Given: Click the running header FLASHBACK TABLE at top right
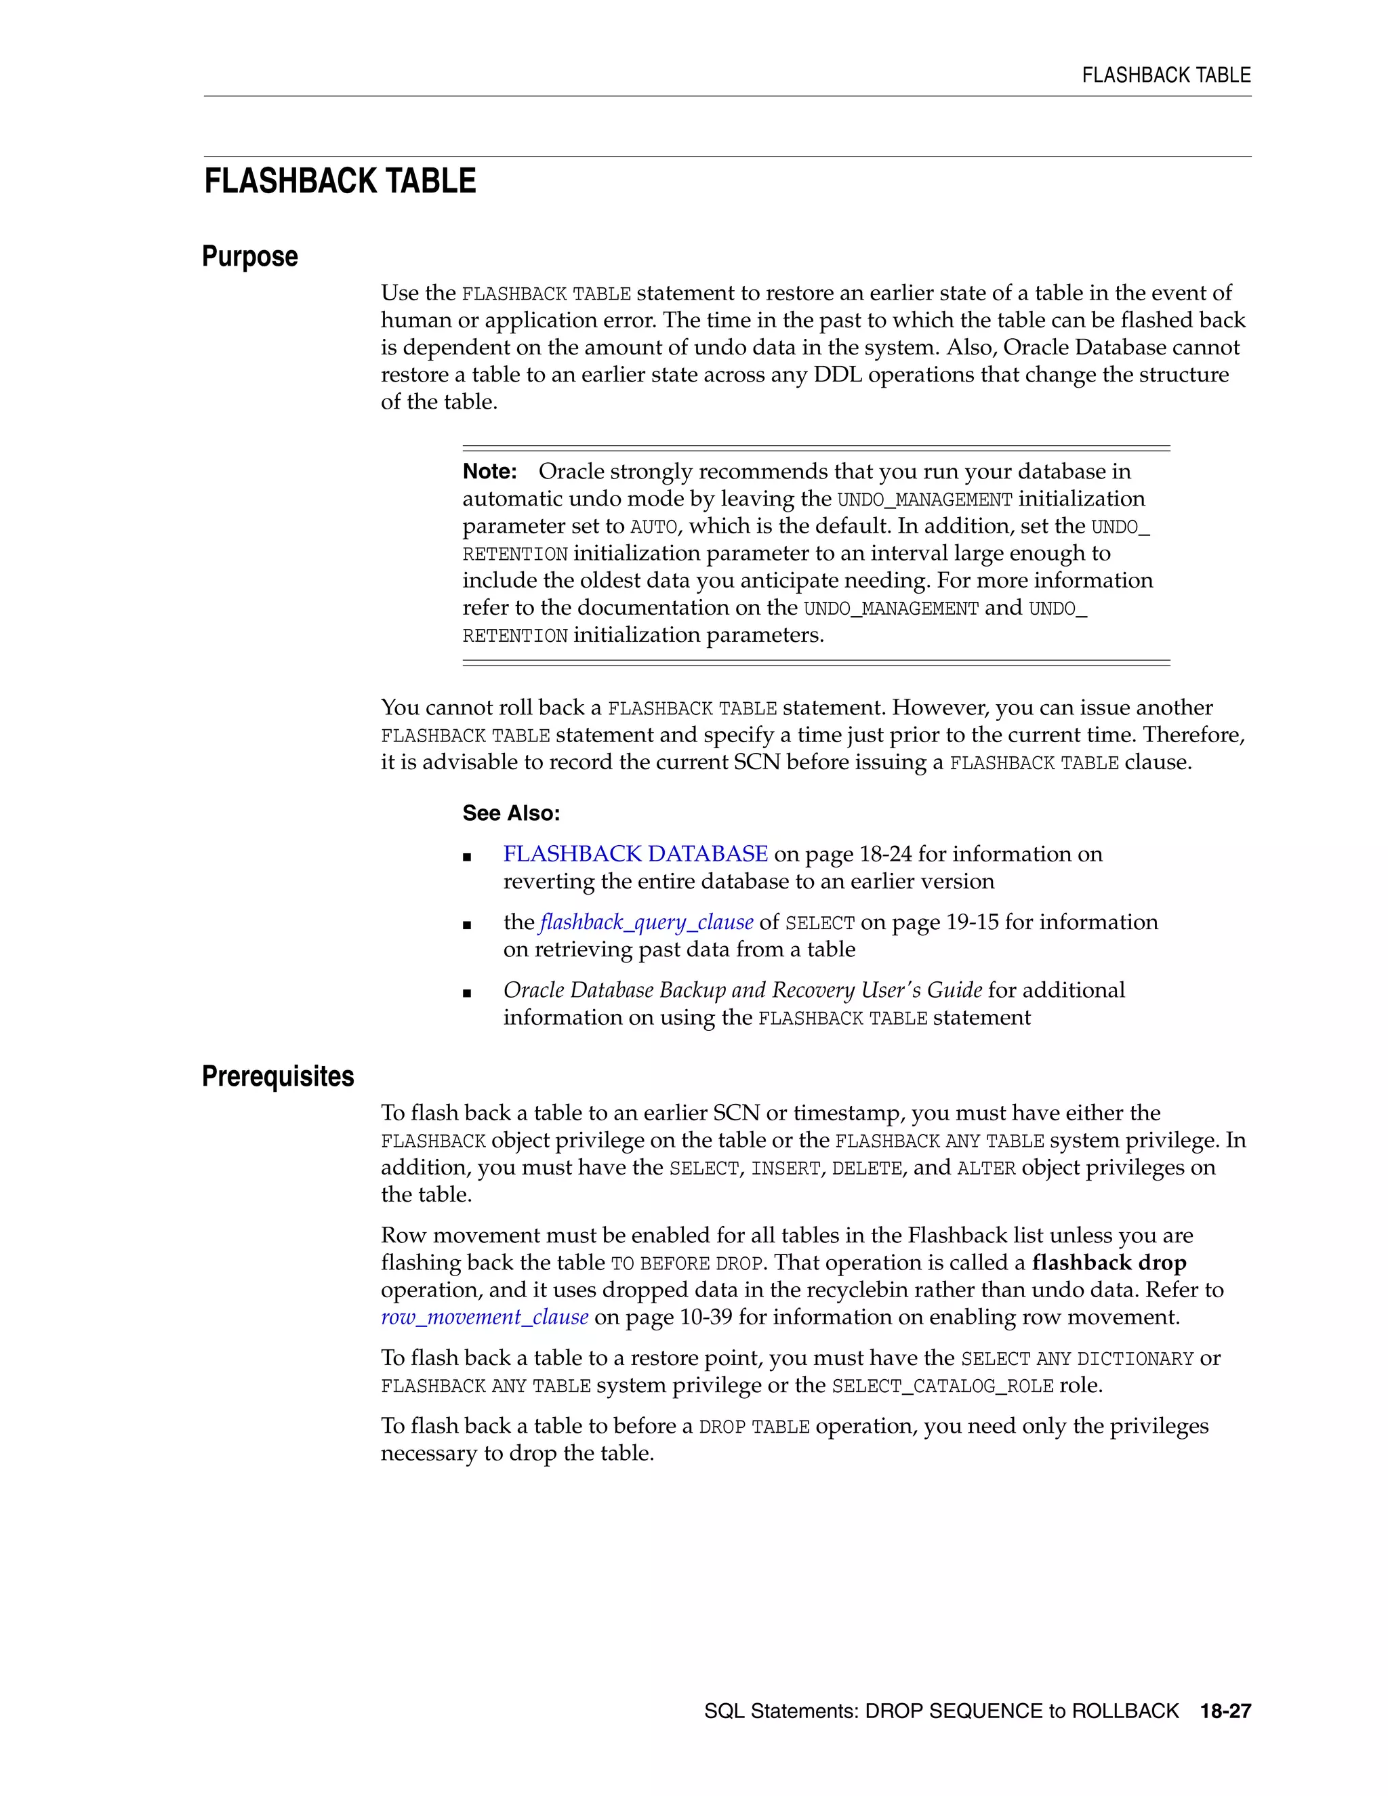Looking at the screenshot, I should tap(1165, 76).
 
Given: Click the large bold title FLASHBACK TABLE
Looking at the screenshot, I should tap(340, 181).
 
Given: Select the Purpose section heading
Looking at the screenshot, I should tap(249, 257).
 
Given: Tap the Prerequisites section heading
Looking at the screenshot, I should tap(277, 1076).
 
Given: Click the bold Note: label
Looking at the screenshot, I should tap(489, 472).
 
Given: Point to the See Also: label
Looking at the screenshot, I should tap(510, 813).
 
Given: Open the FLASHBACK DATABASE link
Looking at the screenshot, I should tap(635, 855).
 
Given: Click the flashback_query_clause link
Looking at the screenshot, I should tap(647, 922).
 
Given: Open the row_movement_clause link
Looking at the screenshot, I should tap(485, 1318).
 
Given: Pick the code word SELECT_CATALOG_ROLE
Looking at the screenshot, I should tap(942, 1387).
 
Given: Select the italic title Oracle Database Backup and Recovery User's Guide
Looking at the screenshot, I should tap(743, 990).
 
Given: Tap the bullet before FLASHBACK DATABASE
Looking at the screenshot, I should tap(467, 857).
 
